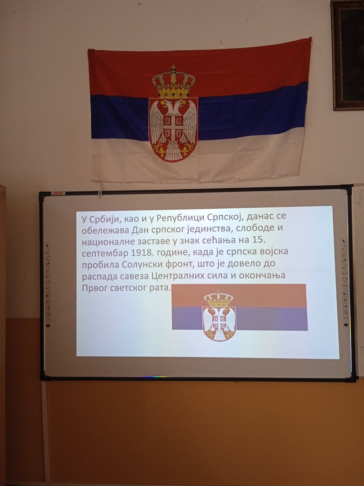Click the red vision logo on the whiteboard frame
coord(58,193)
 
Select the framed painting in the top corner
coord(347,55)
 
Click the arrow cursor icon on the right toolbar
coord(344,241)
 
